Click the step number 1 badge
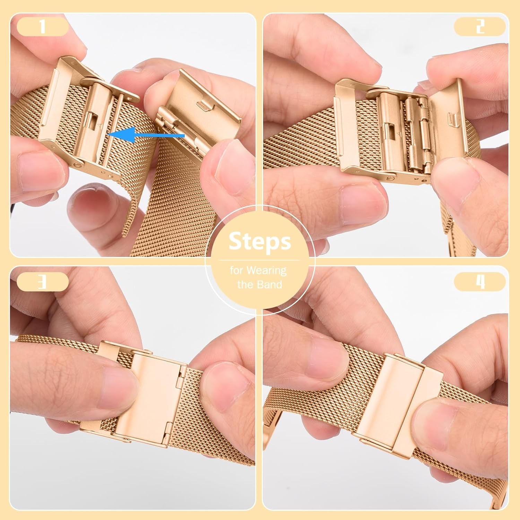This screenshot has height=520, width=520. [42, 26]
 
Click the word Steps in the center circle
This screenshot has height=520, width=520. [260, 241]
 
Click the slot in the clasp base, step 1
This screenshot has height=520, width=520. [92, 121]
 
